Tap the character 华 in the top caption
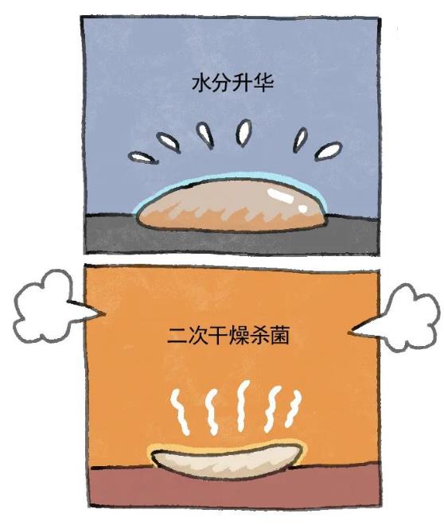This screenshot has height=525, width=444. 263,84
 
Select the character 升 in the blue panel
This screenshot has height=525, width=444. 243,84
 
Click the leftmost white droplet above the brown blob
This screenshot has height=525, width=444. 143,157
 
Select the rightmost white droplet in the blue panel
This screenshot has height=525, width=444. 329,150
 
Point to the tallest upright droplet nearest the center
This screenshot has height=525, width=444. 243,133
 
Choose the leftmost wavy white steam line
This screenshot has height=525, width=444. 180,413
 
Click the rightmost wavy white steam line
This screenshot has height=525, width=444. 292,409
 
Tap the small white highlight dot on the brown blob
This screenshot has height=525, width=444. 303,208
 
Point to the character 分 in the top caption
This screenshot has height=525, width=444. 222,84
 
